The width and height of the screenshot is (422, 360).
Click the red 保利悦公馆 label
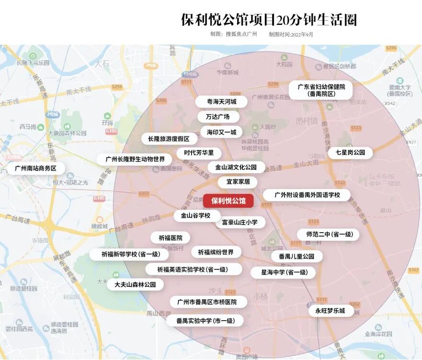pos(228,201)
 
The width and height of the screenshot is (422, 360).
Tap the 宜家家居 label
pos(238,182)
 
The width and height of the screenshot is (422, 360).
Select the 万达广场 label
pos(217,117)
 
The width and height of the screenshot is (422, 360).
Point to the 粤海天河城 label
pos(221,101)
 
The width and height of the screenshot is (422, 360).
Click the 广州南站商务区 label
pos(36,169)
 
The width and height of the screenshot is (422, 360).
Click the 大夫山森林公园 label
pos(135,284)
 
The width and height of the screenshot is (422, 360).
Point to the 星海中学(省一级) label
pos(284,272)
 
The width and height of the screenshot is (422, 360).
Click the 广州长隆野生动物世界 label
pos(135,159)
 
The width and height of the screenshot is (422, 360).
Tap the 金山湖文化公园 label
pos(236,168)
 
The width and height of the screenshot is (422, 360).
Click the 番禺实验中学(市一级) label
pos(205,321)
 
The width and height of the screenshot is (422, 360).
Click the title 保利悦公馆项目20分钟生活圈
pos(269,20)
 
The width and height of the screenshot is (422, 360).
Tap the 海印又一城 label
pos(221,132)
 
